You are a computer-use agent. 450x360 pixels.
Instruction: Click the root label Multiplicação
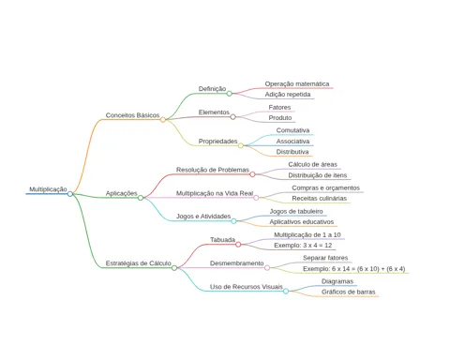coord(48,189)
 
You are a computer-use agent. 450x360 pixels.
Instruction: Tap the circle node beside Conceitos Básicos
coord(163,120)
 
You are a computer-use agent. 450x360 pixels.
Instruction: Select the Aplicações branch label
coord(121,193)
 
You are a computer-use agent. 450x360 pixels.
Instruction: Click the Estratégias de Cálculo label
coord(138,263)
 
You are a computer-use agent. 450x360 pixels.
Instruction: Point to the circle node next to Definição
coord(230,94)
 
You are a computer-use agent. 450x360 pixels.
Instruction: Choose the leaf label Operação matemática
coord(297,83)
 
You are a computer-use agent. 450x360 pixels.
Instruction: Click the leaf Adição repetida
coord(288,95)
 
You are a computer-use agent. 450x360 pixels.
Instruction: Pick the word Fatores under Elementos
coord(279,107)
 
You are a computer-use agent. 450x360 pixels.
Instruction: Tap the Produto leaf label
coord(280,118)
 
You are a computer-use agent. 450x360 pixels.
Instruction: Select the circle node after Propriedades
coord(241,145)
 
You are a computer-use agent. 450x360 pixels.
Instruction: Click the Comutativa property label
coord(292,130)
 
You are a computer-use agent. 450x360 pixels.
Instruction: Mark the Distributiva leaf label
coord(292,152)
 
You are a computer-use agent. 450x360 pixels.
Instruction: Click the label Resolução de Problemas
coord(213,170)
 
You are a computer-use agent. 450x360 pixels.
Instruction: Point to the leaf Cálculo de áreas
coord(313,164)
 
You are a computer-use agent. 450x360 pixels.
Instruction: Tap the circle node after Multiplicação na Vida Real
coord(256,198)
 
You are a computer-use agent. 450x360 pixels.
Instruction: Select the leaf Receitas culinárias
coord(320,198)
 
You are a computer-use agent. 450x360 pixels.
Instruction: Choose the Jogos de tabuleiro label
coord(296,211)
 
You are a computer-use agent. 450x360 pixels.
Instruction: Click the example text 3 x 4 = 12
coord(318,246)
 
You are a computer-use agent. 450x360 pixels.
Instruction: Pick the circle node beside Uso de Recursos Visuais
coord(286,291)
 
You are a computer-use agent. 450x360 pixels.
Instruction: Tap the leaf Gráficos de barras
coord(349,292)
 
